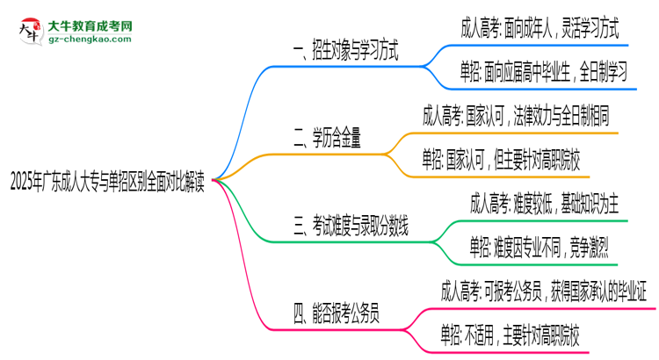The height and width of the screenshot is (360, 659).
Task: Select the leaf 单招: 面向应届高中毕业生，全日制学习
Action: (544, 74)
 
